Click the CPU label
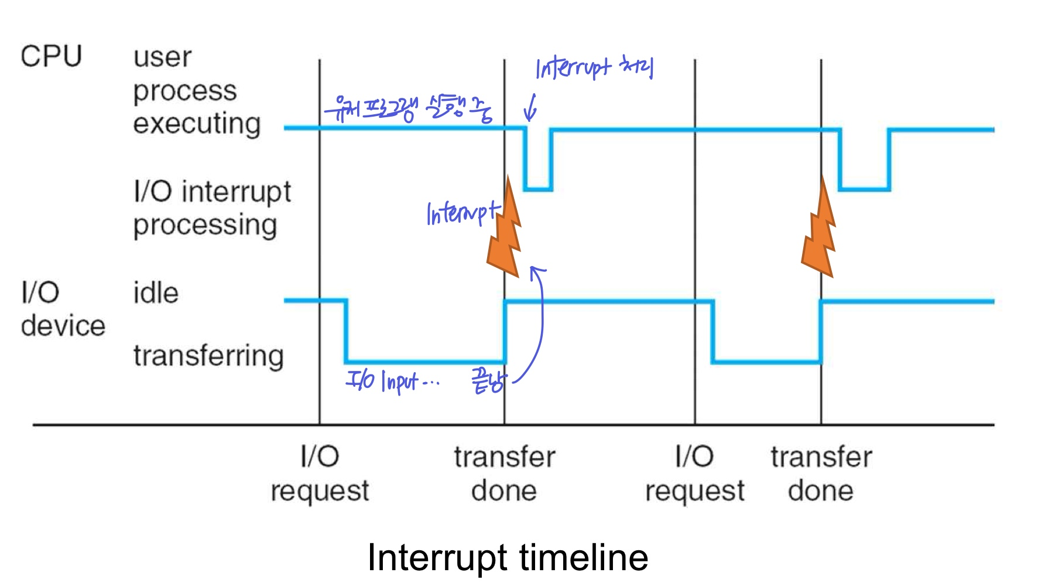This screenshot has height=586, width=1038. pyautogui.click(x=51, y=57)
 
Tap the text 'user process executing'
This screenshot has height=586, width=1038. pyautogui.click(x=196, y=91)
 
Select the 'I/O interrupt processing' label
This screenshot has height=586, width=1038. pyautogui.click(x=211, y=209)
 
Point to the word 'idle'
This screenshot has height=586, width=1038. pyautogui.click(x=155, y=293)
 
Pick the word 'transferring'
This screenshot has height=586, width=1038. pyautogui.click(x=208, y=356)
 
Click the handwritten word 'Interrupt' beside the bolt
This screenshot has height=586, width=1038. pyautogui.click(x=462, y=213)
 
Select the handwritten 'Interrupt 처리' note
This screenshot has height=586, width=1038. pyautogui.click(x=594, y=68)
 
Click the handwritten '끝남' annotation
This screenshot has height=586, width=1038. pyautogui.click(x=488, y=381)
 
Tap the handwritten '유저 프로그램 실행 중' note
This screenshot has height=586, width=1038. pyautogui.click(x=409, y=108)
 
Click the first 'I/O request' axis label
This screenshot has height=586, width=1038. pyautogui.click(x=320, y=473)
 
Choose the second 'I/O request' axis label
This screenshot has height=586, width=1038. pyautogui.click(x=695, y=473)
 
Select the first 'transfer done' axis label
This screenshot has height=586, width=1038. pyautogui.click(x=504, y=473)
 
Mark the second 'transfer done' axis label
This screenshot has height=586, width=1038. pyautogui.click(x=821, y=473)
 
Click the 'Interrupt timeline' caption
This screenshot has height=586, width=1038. pyautogui.click(x=508, y=557)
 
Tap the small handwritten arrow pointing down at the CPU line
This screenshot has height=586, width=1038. pyautogui.click(x=530, y=108)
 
